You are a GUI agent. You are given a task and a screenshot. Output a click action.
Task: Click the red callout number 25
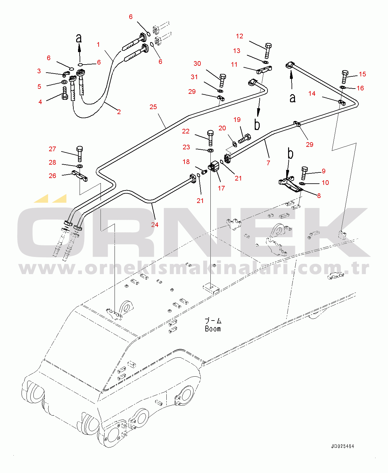(153, 107)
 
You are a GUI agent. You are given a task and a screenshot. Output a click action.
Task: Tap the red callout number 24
(155, 224)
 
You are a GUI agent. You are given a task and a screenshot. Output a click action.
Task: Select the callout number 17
(221, 188)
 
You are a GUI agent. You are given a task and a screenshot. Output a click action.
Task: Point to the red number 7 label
(268, 163)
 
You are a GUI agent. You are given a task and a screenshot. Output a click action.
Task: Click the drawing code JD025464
(343, 446)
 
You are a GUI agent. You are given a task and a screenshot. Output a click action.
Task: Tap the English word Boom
(213, 329)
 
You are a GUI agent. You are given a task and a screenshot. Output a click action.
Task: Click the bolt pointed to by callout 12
(268, 50)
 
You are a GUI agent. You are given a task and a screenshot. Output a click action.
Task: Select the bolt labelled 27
(80, 154)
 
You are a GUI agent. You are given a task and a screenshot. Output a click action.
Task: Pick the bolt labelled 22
(210, 138)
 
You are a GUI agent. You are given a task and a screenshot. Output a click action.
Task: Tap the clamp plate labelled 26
(80, 176)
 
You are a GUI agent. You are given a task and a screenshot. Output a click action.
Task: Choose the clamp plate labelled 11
(264, 70)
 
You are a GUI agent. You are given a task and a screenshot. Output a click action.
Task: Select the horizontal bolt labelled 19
(244, 138)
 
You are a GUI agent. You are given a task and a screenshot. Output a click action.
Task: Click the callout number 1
(98, 44)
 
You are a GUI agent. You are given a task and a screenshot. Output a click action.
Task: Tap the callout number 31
(194, 77)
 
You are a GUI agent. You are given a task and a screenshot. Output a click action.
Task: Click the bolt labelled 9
(304, 173)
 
